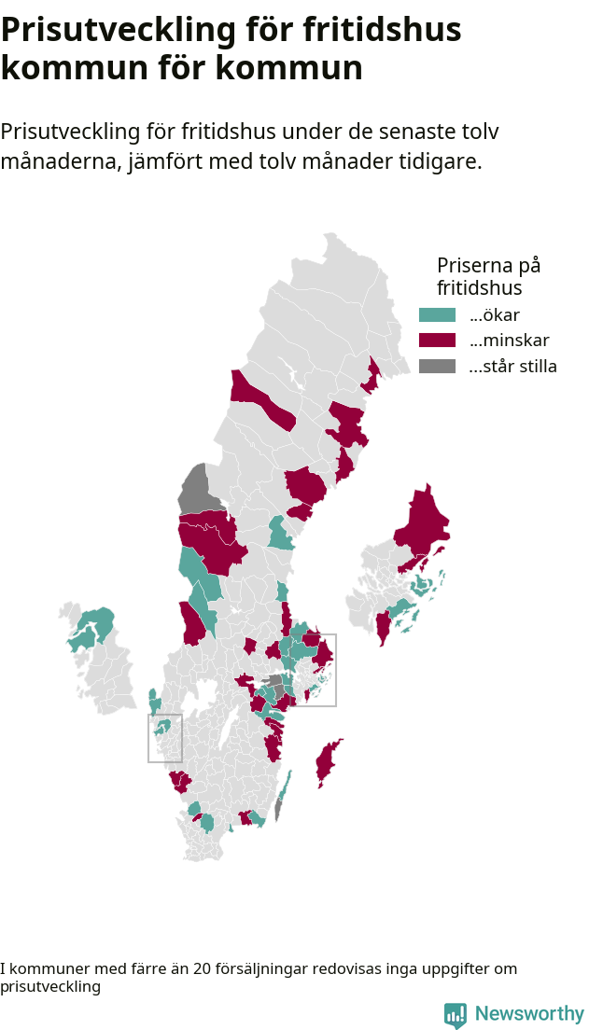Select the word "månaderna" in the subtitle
point(57,160)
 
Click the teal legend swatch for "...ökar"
point(437,315)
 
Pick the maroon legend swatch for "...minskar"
point(437,341)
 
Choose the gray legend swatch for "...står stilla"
point(437,366)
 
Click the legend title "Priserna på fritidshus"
point(488,276)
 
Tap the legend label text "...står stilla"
point(512,366)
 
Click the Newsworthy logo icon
point(455,1015)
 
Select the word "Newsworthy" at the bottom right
point(529,1014)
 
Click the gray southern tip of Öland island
point(278,811)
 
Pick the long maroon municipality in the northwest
point(262,402)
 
